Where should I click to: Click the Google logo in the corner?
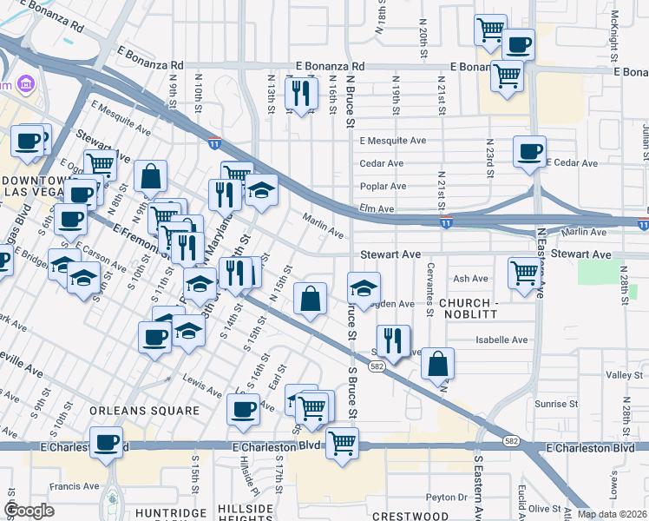pyautogui.click(x=29, y=511)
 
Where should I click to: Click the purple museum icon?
pyautogui.click(x=27, y=84)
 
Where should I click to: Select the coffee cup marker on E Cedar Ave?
pyautogui.click(x=529, y=151)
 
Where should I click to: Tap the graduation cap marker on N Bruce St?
pyautogui.click(x=364, y=287)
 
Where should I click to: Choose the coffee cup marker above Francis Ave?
pyautogui.click(x=107, y=442)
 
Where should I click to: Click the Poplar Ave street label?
pyautogui.click(x=384, y=186)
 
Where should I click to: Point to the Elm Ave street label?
pyautogui.click(x=377, y=209)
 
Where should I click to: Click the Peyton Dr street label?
pyautogui.click(x=447, y=498)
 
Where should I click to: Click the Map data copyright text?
pyautogui.click(x=612, y=514)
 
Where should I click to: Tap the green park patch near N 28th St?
pyautogui.click(x=595, y=270)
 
